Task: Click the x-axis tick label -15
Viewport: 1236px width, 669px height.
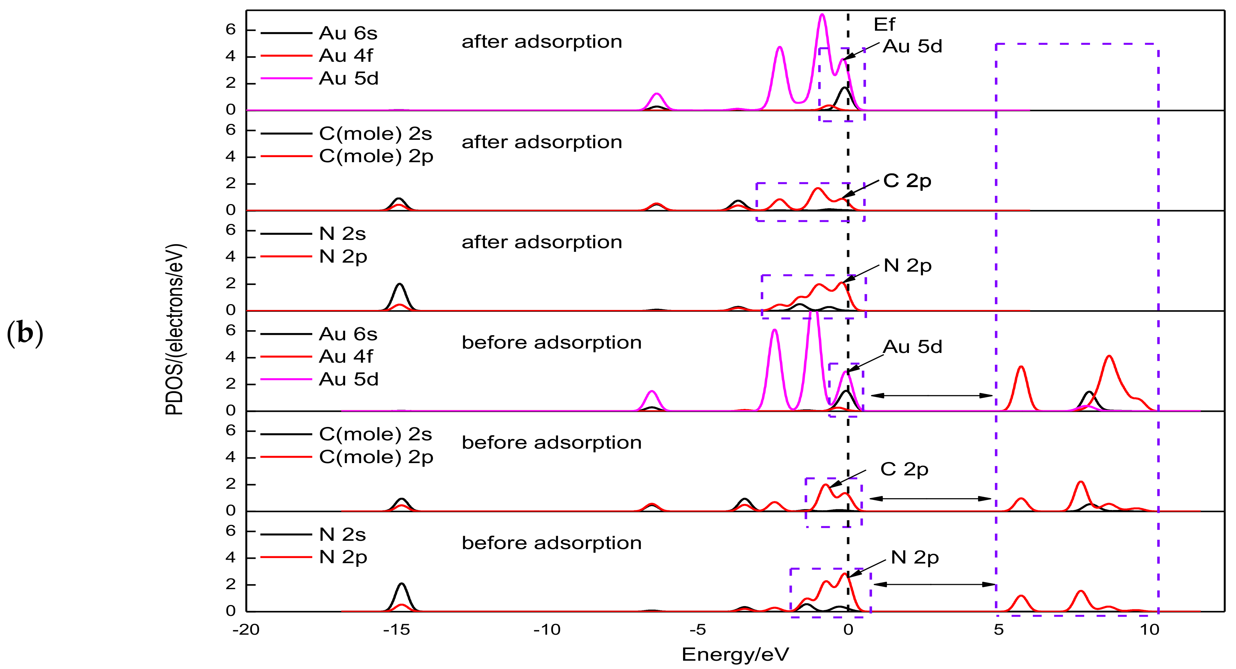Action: [396, 630]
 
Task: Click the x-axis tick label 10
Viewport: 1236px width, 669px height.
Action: [1150, 630]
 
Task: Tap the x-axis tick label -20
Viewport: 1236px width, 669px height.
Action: [246, 630]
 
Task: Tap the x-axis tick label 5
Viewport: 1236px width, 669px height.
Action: [999, 630]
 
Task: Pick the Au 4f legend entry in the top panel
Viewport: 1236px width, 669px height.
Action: [346, 56]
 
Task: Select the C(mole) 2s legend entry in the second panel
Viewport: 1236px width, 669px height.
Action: [375, 133]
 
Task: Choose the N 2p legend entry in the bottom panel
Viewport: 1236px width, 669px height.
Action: [343, 557]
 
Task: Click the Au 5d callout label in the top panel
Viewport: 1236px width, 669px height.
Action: [913, 47]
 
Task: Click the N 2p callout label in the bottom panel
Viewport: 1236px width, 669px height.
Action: [914, 557]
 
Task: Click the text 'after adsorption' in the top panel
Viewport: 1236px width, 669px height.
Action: [542, 42]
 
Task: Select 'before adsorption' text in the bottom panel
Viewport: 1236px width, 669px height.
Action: [551, 543]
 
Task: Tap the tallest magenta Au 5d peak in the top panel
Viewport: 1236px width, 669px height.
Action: [822, 15]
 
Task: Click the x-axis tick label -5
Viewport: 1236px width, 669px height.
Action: [698, 630]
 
